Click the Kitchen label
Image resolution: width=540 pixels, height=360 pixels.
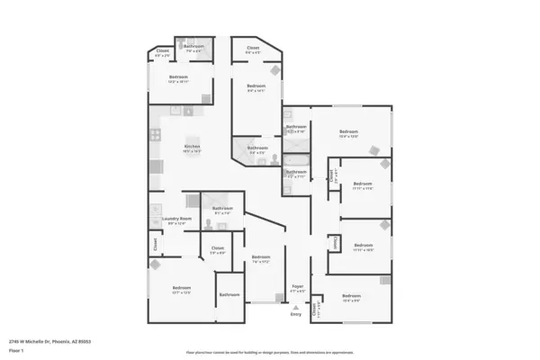[x=192, y=147]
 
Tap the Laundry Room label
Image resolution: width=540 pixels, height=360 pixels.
[x=177, y=219]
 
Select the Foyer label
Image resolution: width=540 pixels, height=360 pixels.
[x=298, y=286]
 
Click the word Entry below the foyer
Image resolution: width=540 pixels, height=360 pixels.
[x=295, y=313]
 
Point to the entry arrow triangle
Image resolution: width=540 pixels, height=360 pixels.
[x=295, y=306]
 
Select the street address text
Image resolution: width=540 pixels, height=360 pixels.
[x=50, y=342]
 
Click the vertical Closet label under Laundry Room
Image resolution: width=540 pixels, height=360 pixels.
[x=155, y=243]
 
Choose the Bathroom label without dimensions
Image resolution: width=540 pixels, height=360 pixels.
[x=229, y=294]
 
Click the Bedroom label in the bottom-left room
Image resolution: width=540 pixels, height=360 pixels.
[x=181, y=287]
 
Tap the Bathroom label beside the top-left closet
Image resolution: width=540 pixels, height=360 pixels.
[x=194, y=46]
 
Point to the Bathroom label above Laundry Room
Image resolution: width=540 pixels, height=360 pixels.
[x=222, y=209]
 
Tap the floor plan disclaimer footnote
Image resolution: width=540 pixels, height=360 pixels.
[x=270, y=352]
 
